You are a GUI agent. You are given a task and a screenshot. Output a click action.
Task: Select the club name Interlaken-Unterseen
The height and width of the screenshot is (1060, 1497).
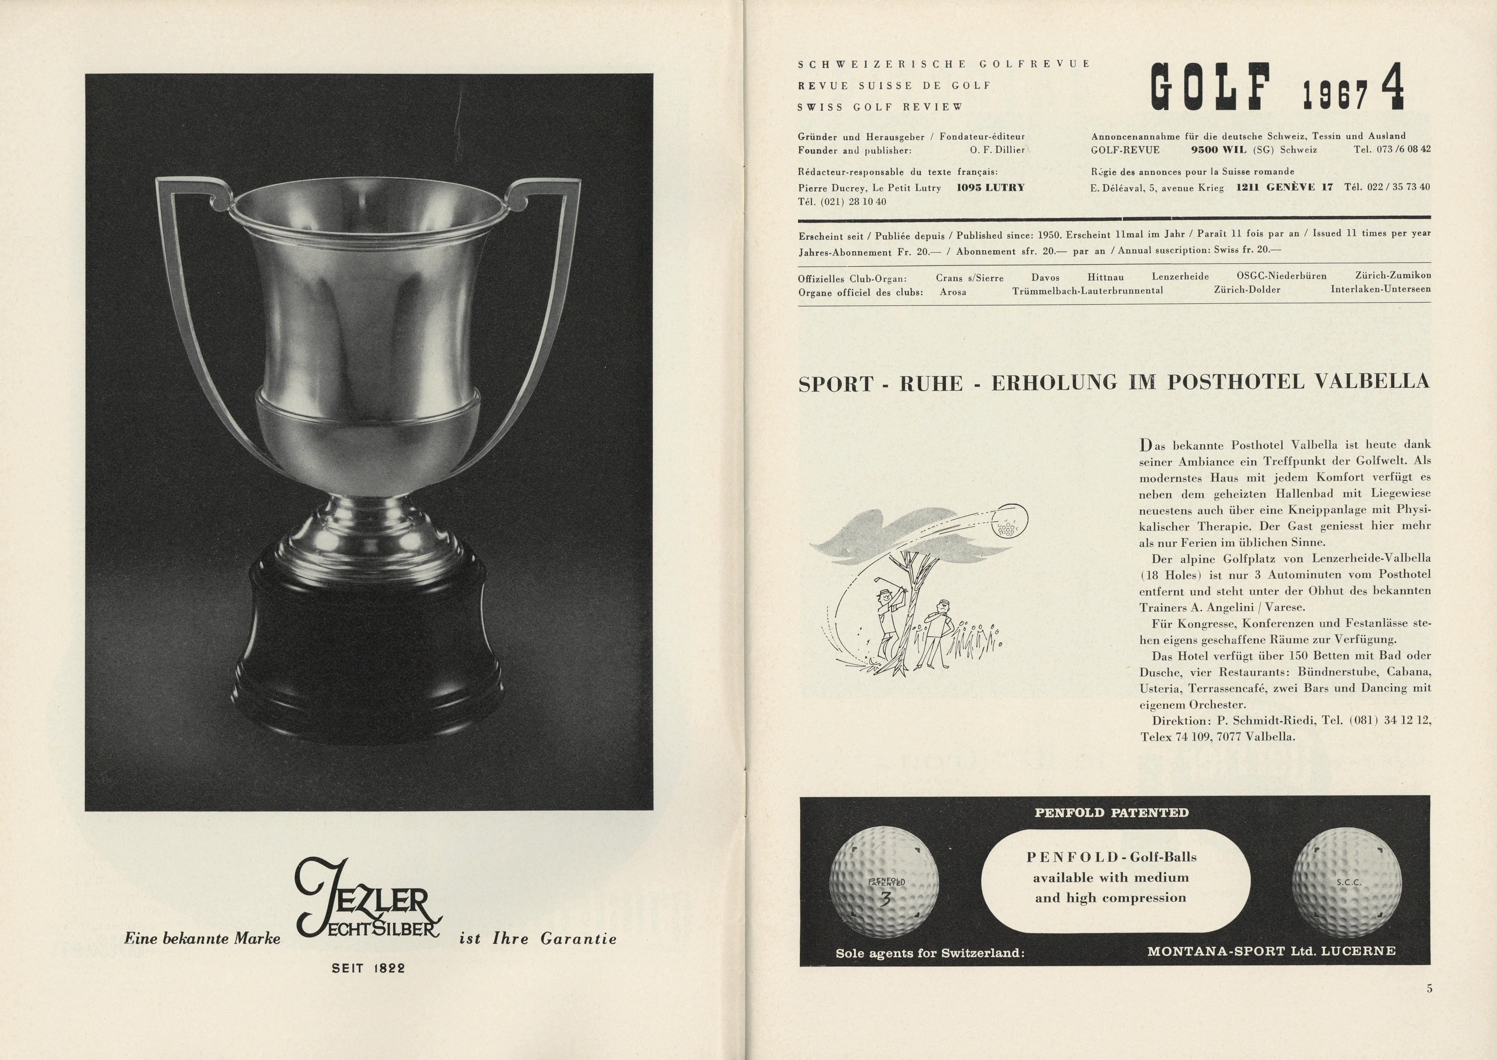click(1380, 289)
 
